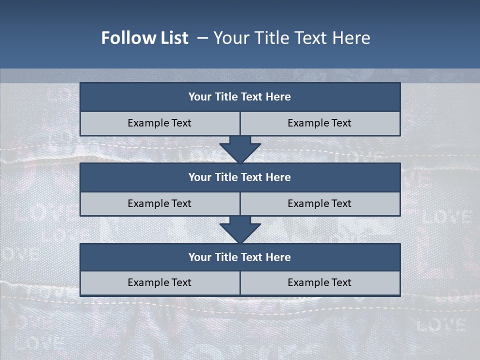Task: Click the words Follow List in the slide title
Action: coord(144,38)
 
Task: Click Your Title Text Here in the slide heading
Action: coord(291,38)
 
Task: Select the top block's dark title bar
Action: coord(240,97)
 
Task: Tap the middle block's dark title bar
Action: coord(240,177)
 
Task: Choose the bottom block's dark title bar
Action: coord(240,257)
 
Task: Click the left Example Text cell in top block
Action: coord(159,123)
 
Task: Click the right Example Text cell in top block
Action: coord(319,123)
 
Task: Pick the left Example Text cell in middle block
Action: coord(159,204)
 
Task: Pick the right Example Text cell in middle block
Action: coord(319,204)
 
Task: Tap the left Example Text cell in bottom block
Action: coord(159,283)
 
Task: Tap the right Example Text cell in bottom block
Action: coord(319,283)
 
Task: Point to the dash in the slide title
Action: coord(203,38)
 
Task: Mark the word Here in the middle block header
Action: coord(278,177)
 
